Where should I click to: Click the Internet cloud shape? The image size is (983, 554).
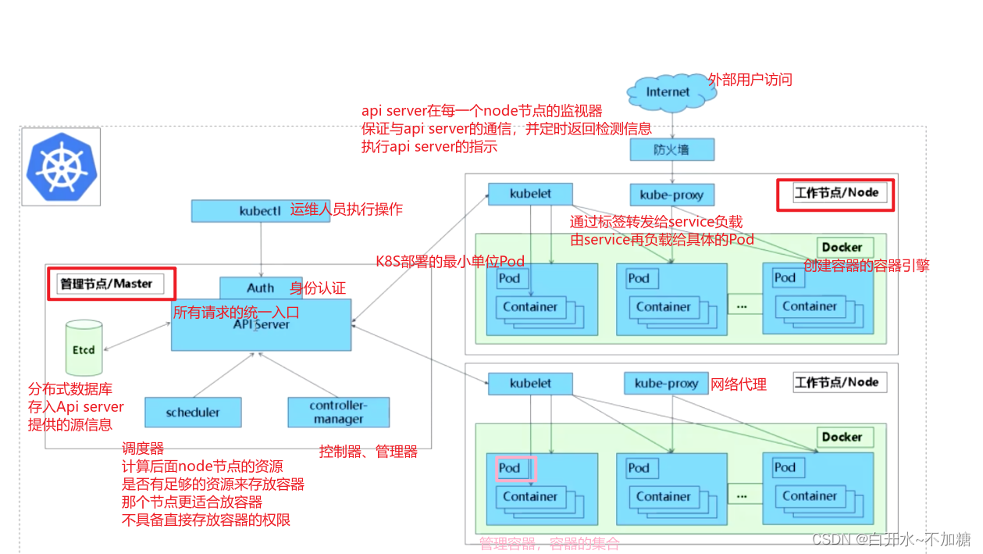(x=668, y=91)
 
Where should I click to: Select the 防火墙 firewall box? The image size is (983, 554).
(x=671, y=149)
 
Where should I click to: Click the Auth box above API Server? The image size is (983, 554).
(x=260, y=288)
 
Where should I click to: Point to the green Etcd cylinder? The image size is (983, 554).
(x=84, y=348)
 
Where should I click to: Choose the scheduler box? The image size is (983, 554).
(x=193, y=413)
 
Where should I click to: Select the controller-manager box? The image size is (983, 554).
(x=338, y=413)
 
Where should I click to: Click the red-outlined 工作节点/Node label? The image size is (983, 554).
(x=835, y=193)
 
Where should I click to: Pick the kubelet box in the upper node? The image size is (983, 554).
(x=530, y=193)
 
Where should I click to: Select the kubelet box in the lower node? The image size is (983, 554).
(x=530, y=384)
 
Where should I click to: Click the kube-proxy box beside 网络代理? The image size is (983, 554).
(x=666, y=384)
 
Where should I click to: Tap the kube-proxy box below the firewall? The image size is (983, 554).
(x=671, y=195)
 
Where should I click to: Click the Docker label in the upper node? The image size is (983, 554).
(x=842, y=248)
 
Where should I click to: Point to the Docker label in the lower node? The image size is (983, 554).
(x=842, y=438)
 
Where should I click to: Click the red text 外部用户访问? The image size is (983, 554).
(x=750, y=80)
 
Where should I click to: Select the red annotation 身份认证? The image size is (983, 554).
(x=318, y=288)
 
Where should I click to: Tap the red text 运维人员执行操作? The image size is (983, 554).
(x=347, y=209)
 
